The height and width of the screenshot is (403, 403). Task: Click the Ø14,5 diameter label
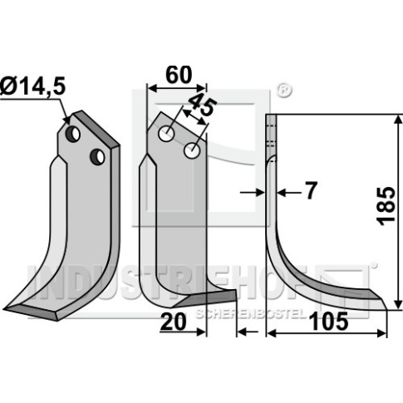[x=33, y=86]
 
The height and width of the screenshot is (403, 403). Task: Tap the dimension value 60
[x=179, y=75]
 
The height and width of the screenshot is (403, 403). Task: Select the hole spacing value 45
[x=202, y=105]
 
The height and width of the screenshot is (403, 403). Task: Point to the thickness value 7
[x=311, y=190]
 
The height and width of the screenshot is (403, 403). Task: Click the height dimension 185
[x=386, y=206]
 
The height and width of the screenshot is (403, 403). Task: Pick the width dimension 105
[x=330, y=322]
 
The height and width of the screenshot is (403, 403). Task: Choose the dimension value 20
[x=173, y=322]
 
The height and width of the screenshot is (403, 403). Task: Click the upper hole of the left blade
[x=73, y=135]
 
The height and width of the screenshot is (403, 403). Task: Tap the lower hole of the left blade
[x=97, y=157]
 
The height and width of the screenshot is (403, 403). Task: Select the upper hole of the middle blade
[x=166, y=134]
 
